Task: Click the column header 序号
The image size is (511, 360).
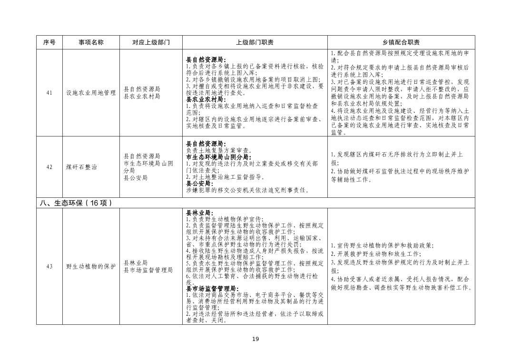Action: (49, 42)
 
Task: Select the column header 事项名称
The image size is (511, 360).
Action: (91, 42)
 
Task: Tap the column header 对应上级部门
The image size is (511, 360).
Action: (151, 42)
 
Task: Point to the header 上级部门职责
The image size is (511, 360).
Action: (255, 42)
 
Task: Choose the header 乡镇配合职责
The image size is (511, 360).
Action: (401, 42)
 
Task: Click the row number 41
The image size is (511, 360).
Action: (49, 93)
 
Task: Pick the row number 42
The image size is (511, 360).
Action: (49, 167)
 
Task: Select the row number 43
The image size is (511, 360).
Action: (49, 266)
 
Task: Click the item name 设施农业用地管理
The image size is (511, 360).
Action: (91, 93)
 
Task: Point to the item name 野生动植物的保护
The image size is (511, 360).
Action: (91, 266)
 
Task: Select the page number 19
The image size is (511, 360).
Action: (255, 339)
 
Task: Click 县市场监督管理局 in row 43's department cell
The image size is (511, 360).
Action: (148, 270)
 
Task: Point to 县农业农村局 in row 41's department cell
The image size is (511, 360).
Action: (142, 97)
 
